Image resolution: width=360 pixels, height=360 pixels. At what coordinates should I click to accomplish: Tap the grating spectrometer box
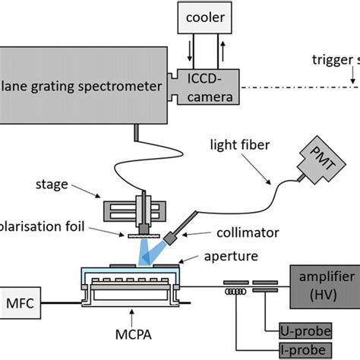click(x=84, y=87)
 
